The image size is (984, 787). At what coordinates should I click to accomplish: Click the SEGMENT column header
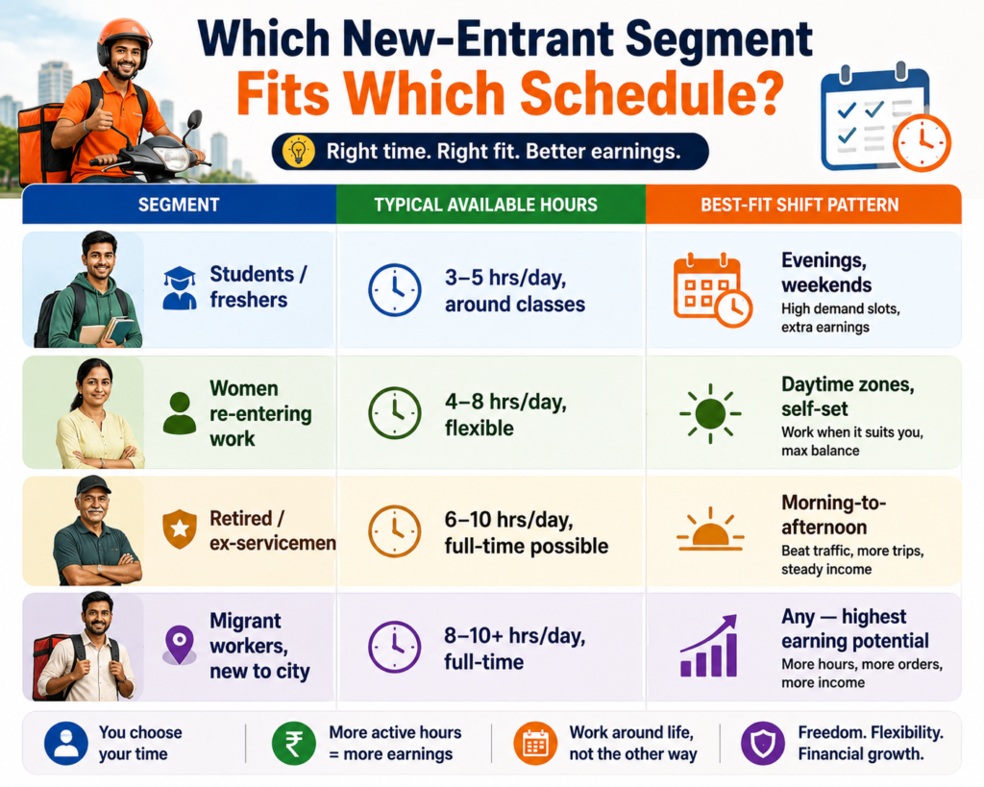[x=179, y=205]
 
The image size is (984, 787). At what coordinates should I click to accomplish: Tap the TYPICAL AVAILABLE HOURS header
[x=485, y=205]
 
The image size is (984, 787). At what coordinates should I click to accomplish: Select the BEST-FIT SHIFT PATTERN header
[x=799, y=205]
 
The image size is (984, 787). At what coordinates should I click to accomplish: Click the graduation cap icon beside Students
[x=180, y=288]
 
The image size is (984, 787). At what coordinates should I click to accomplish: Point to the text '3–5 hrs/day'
[x=505, y=278]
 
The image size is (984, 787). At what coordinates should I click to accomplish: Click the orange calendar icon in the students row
[x=712, y=289]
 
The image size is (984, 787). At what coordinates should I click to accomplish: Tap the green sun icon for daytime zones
[x=710, y=413]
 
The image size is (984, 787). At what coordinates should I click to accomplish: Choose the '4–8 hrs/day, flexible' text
[x=505, y=414]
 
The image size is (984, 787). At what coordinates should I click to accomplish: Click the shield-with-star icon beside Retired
[x=180, y=529]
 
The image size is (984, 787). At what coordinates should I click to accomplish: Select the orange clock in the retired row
[x=394, y=531]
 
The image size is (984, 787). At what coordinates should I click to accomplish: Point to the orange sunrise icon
[x=710, y=529]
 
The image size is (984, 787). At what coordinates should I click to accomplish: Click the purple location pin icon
[x=180, y=645]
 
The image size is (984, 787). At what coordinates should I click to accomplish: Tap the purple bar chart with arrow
[x=709, y=646]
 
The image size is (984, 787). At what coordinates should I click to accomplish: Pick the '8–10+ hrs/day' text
[x=515, y=636]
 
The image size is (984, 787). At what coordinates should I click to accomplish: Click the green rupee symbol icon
[x=294, y=744]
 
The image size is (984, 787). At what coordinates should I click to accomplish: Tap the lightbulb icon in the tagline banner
[x=299, y=151]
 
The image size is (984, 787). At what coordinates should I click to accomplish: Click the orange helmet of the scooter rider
[x=124, y=37]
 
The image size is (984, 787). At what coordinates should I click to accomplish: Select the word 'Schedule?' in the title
[x=652, y=94]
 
